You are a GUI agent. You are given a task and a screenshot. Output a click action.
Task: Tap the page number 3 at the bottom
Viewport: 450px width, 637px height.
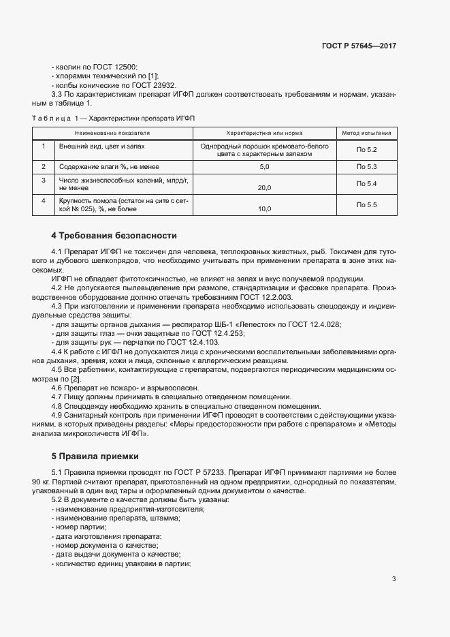coord(393,579)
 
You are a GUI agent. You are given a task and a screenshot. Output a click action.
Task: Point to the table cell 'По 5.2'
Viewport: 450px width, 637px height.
coord(366,149)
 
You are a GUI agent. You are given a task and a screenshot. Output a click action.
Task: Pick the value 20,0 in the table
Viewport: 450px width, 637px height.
coord(265,187)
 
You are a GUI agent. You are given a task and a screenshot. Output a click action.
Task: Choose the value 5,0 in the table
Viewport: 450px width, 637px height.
coord(265,166)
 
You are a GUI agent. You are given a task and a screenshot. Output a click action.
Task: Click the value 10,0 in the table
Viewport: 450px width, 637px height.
coord(265,209)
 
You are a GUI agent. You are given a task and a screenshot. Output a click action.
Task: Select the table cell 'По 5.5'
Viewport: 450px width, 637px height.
coord(366,204)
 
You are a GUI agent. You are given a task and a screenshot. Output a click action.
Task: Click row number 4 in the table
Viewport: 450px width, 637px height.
coord(43,200)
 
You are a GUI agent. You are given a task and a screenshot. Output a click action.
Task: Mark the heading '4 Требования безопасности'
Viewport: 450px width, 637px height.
coord(114,236)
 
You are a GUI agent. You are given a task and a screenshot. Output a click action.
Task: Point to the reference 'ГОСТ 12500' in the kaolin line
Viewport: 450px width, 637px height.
coord(116,67)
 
